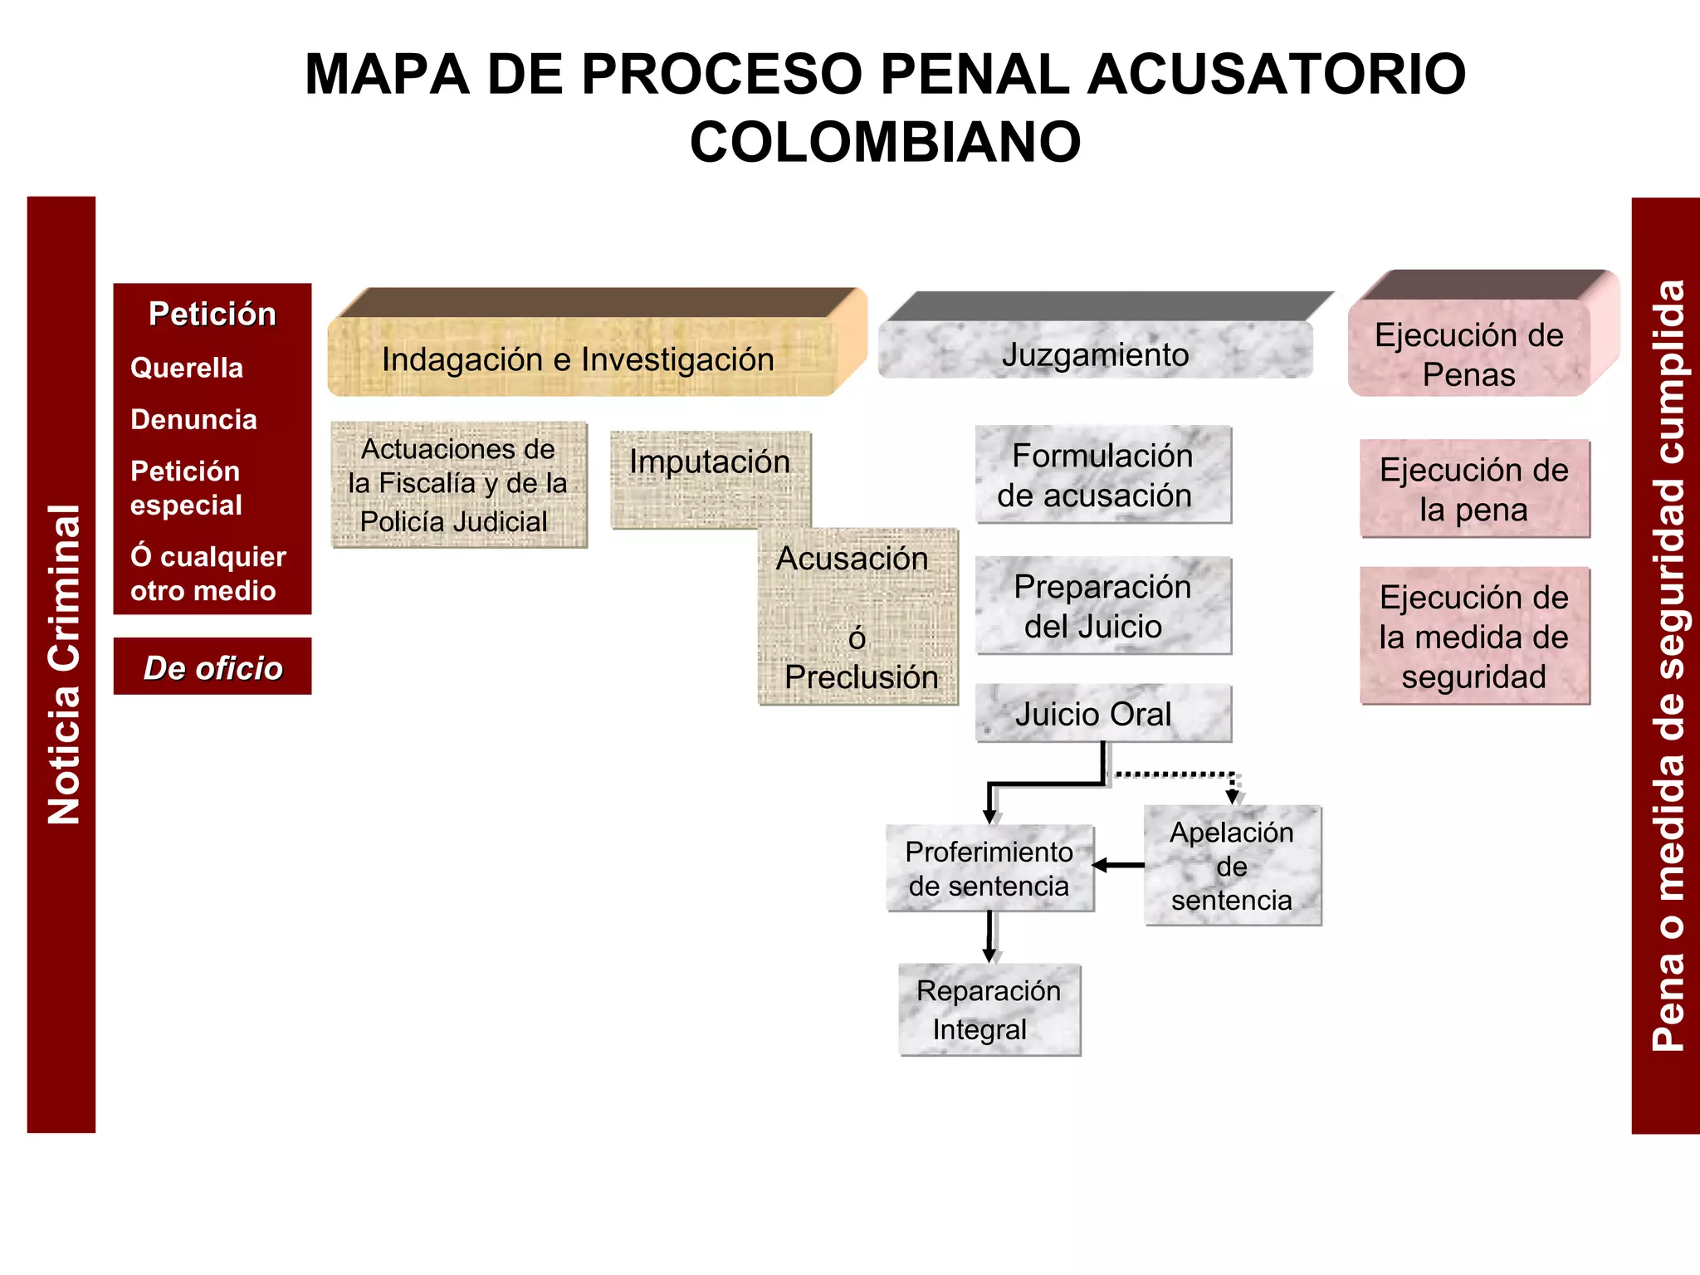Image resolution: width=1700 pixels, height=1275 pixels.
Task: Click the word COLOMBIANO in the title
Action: coord(885,142)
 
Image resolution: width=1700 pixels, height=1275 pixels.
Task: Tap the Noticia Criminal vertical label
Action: coord(62,664)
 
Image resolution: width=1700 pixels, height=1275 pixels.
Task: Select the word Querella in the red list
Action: coord(187,368)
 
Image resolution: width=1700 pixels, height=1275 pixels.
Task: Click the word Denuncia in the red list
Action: coord(193,419)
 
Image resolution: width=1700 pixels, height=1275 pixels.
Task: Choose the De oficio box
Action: coord(212,667)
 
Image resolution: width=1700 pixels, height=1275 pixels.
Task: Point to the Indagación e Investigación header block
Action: coord(579,359)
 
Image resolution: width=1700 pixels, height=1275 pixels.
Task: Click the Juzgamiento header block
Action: coord(1095,354)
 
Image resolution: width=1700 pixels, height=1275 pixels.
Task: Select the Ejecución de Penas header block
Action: coord(1468,354)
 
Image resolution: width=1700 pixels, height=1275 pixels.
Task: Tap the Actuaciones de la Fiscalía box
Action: coord(458,485)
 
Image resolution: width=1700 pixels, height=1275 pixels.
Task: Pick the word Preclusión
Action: coord(862,677)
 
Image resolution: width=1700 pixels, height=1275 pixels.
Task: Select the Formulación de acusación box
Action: coord(1103,475)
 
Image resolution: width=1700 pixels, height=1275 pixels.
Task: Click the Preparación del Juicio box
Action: coord(1103,606)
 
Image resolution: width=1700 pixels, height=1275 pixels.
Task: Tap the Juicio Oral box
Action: coord(1103,713)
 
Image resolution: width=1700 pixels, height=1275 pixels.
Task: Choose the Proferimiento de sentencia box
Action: coord(989,868)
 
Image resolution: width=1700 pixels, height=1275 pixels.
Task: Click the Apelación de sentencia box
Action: coord(1233,866)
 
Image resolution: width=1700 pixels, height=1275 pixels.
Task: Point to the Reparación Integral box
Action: coord(989,1009)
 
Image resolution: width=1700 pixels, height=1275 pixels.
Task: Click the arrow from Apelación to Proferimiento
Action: coord(1119,866)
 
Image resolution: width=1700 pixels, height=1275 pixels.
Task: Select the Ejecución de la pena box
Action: coord(1474,489)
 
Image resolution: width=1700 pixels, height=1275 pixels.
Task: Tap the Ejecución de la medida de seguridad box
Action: coord(1474,636)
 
